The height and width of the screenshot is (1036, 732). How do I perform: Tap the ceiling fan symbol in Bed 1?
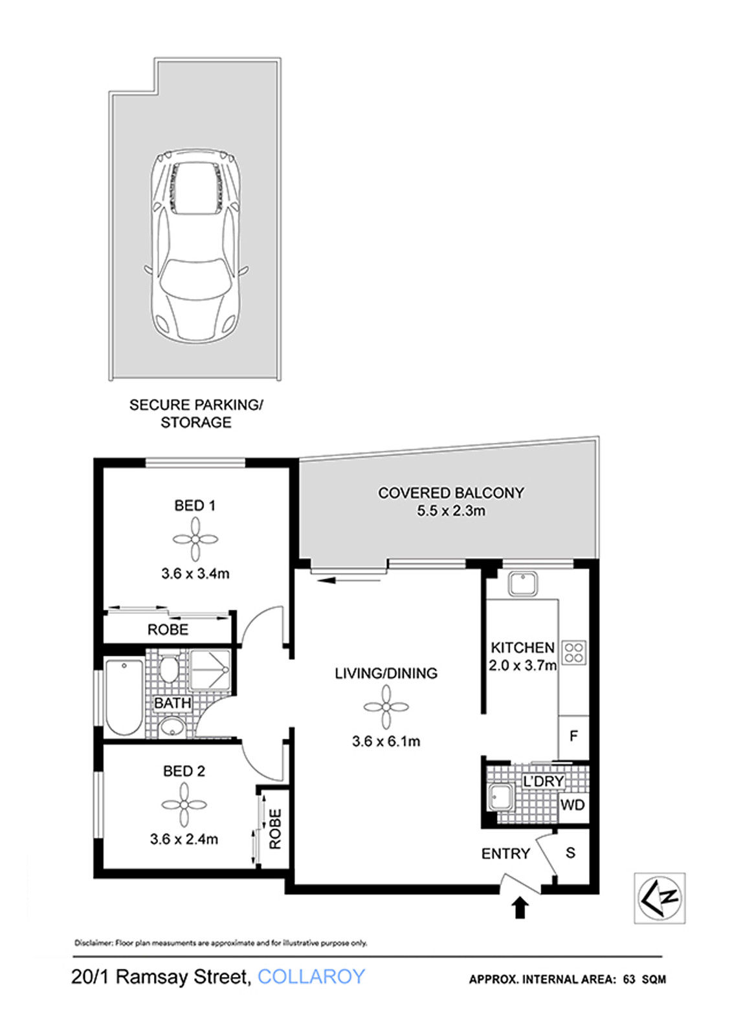[195, 539]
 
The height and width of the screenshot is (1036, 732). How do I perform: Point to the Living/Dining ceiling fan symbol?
[386, 706]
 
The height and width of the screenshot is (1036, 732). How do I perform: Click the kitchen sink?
[522, 584]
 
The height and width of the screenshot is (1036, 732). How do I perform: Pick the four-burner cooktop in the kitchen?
[574, 653]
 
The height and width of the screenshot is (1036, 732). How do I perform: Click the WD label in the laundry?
[573, 805]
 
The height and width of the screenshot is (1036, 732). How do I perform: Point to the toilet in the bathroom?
[169, 669]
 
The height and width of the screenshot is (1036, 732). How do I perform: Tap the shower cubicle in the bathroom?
[210, 670]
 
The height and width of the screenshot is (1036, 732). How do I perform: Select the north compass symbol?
[660, 897]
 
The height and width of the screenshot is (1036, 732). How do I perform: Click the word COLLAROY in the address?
[311, 977]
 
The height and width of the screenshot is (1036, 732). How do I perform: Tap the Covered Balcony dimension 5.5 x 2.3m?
[451, 511]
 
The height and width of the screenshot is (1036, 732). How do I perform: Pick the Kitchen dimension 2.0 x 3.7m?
[522, 666]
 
